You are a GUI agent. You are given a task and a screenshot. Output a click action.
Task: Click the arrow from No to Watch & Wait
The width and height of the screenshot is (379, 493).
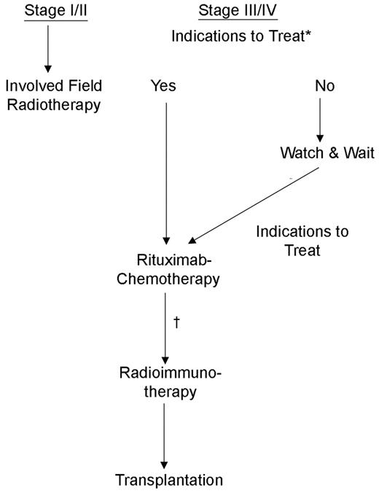tap(319, 120)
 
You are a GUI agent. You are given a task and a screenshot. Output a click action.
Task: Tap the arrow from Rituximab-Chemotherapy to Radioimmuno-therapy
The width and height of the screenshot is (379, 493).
tap(165, 327)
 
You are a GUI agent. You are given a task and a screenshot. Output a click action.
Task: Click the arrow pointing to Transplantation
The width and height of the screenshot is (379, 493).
tap(165, 434)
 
